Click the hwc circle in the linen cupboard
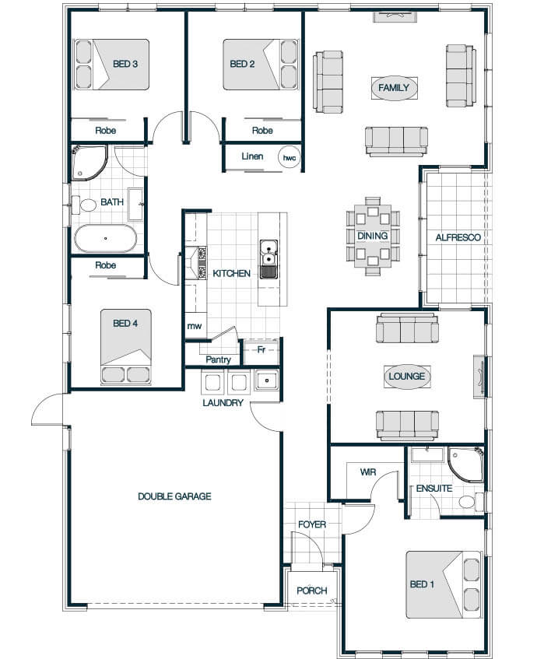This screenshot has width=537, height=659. pyautogui.click(x=290, y=158)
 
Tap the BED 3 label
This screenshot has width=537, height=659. pyautogui.click(x=125, y=64)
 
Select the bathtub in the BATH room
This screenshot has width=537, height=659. pyautogui.click(x=106, y=238)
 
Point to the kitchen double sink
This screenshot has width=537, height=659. pyautogui.click(x=268, y=259)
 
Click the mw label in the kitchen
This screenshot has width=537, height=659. pyautogui.click(x=195, y=326)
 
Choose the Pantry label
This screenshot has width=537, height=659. pyautogui.click(x=218, y=359)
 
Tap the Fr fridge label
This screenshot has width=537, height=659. pyautogui.click(x=261, y=349)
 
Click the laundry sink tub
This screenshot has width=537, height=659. pyautogui.click(x=267, y=380)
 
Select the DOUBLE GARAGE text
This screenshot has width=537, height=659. pyautogui.click(x=174, y=496)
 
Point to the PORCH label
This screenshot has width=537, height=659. pyautogui.click(x=311, y=591)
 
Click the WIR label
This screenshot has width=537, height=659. pyautogui.click(x=368, y=472)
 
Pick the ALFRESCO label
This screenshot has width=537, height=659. pyautogui.click(x=458, y=237)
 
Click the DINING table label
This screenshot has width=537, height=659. pyautogui.click(x=373, y=236)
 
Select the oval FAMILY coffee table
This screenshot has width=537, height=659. pyautogui.click(x=394, y=88)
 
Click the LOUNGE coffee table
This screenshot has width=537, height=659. pyautogui.click(x=406, y=376)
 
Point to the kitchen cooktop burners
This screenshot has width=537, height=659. pyautogui.click(x=202, y=263)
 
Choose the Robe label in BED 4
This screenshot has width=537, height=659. pyautogui.click(x=106, y=265)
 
